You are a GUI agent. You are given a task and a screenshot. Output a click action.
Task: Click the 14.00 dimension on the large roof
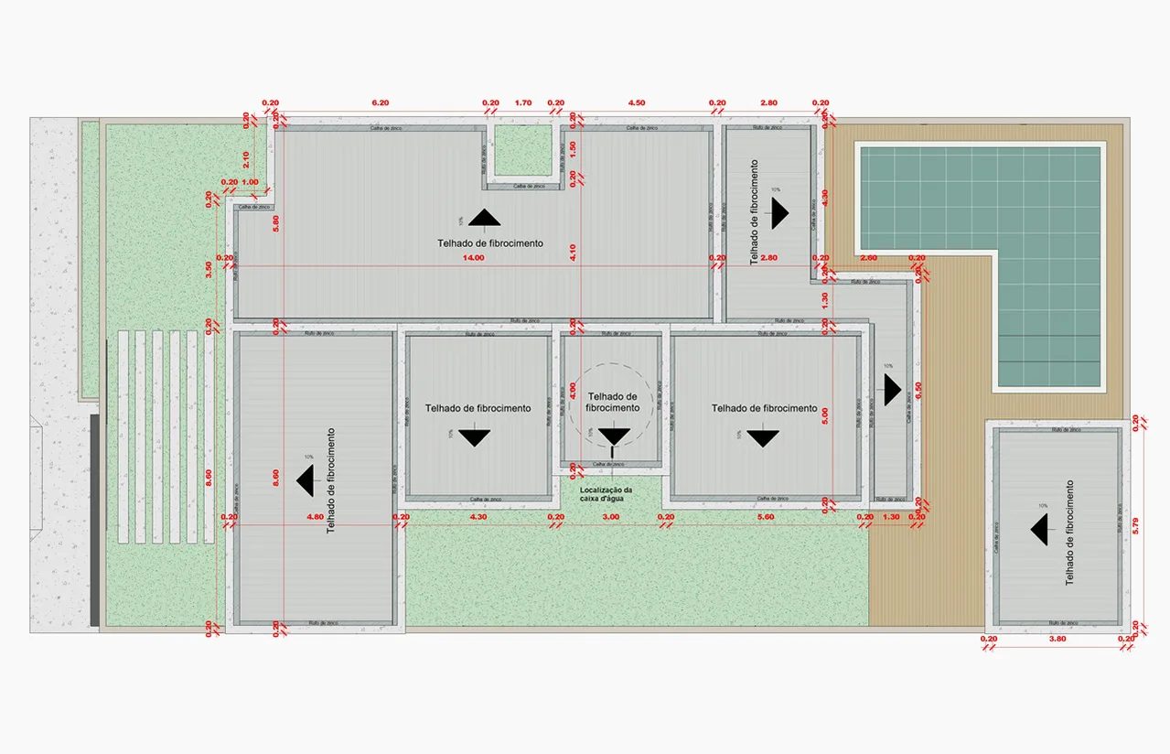point(473,258)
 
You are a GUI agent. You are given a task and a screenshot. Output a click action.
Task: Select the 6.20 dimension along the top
point(381,102)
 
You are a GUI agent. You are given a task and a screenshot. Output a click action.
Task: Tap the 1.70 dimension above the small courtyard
point(523,102)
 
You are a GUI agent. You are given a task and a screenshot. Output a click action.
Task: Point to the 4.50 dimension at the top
point(635,102)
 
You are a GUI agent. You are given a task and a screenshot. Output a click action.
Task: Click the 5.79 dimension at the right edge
point(1135,525)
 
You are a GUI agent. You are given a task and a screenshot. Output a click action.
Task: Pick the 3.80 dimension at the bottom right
point(1057,639)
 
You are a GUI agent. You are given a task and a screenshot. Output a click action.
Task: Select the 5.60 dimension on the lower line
point(765,517)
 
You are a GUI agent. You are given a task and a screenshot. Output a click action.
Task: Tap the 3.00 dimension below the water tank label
point(611,517)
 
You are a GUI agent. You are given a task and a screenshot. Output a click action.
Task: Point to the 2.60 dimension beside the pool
point(869,258)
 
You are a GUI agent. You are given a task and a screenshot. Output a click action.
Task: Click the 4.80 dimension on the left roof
point(315,517)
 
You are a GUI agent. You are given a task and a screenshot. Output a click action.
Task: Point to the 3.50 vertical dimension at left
point(209,270)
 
